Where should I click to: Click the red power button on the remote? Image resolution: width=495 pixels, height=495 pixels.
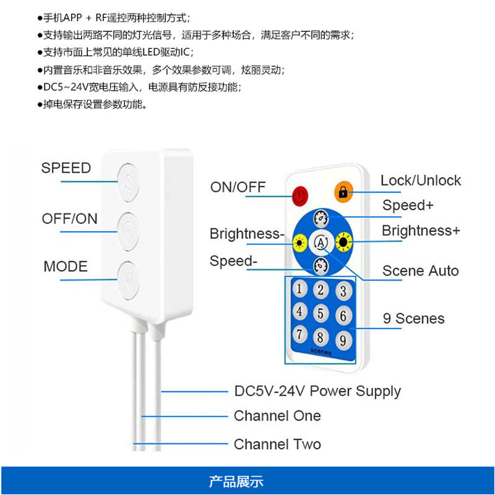tap(300, 196)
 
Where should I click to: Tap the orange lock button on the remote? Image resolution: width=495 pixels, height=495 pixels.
tap(342, 192)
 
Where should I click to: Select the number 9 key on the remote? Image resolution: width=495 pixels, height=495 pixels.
tap(341, 340)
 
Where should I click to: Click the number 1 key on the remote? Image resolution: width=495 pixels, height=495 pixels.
tap(300, 288)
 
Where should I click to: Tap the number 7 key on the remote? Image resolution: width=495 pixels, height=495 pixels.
tap(300, 334)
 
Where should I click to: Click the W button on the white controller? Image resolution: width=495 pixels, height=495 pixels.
tap(129, 273)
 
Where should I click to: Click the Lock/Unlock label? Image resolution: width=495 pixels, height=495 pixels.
tap(421, 181)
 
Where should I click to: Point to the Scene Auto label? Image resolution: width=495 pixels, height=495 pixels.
tap(421, 270)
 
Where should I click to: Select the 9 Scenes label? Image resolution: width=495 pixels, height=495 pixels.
tap(413, 319)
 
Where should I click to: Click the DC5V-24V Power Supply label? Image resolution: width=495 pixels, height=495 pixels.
tap(317, 391)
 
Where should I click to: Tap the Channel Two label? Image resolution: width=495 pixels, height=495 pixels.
tap(277, 444)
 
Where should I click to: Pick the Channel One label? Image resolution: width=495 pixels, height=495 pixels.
tap(277, 416)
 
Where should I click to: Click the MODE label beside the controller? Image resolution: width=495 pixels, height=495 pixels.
tap(66, 267)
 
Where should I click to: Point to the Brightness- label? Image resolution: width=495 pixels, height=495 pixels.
tap(247, 234)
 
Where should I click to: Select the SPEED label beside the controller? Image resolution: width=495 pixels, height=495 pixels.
tap(66, 168)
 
